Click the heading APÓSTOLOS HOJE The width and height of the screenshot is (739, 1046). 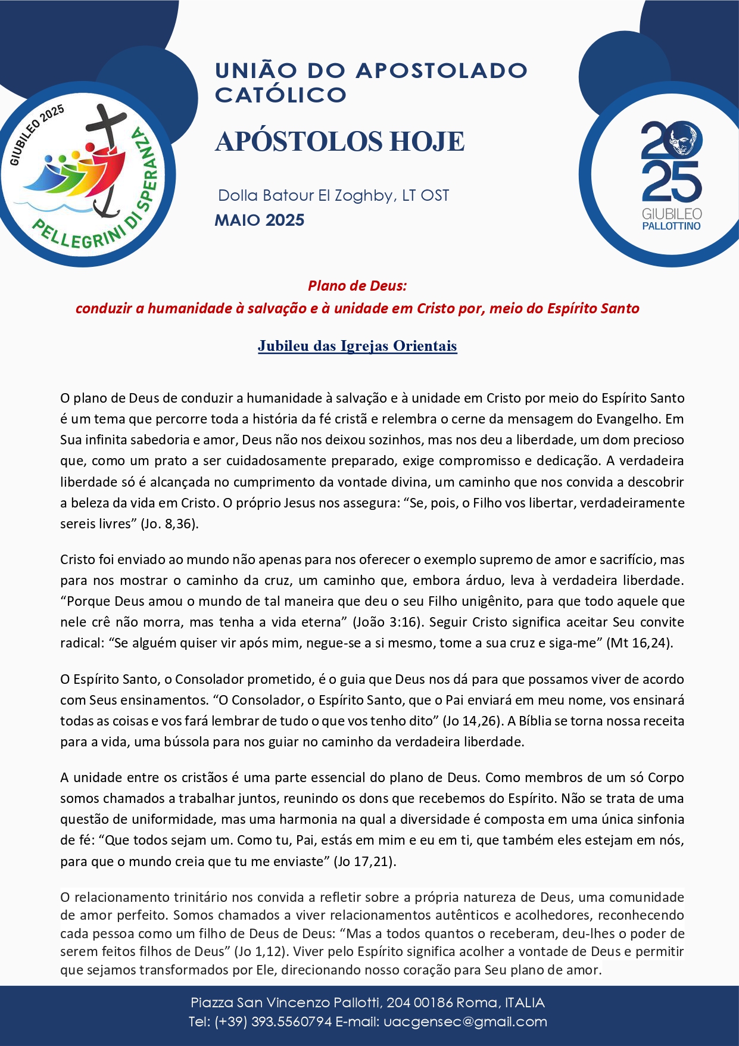[339, 142]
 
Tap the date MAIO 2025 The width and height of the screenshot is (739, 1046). [260, 220]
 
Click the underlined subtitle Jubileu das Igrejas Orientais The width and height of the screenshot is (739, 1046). [357, 346]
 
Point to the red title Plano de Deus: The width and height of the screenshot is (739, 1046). [357, 286]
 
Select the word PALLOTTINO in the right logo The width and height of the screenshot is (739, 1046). [671, 226]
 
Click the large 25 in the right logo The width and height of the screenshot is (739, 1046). [671, 182]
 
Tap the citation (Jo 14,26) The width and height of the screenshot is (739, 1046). [471, 721]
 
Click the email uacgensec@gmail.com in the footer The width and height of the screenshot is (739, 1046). [465, 1022]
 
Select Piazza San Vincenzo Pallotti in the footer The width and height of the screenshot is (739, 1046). [286, 1003]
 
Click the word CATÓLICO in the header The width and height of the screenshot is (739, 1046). [280, 95]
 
